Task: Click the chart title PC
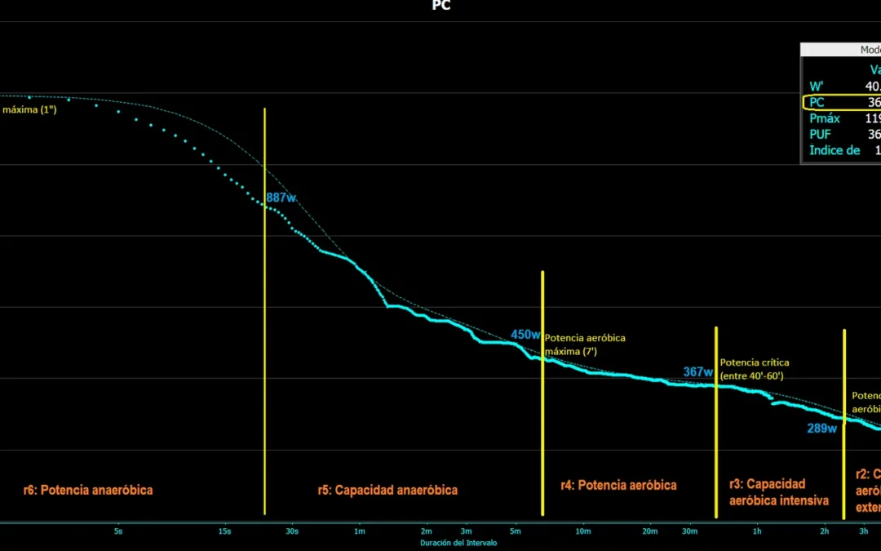coord(440,6)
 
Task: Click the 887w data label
coord(281,198)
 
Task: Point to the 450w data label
coord(525,335)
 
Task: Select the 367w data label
coord(698,372)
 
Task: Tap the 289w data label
coord(821,429)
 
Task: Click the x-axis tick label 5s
coord(118,531)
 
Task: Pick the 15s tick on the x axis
coord(224,531)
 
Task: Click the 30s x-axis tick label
coord(292,531)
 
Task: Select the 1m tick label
coord(359,531)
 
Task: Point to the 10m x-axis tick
coord(582,531)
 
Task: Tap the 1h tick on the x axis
coord(757,531)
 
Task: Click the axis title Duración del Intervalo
coord(458,543)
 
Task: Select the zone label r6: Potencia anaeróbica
coord(88,491)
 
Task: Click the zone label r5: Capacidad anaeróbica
coord(387,491)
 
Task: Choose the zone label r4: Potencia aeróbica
coord(618,485)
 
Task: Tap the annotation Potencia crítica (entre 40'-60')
coord(754,369)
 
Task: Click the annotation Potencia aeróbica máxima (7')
coord(584,344)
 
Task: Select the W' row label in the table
coord(816,87)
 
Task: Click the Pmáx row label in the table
coord(825,118)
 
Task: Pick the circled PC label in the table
coord(817,103)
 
